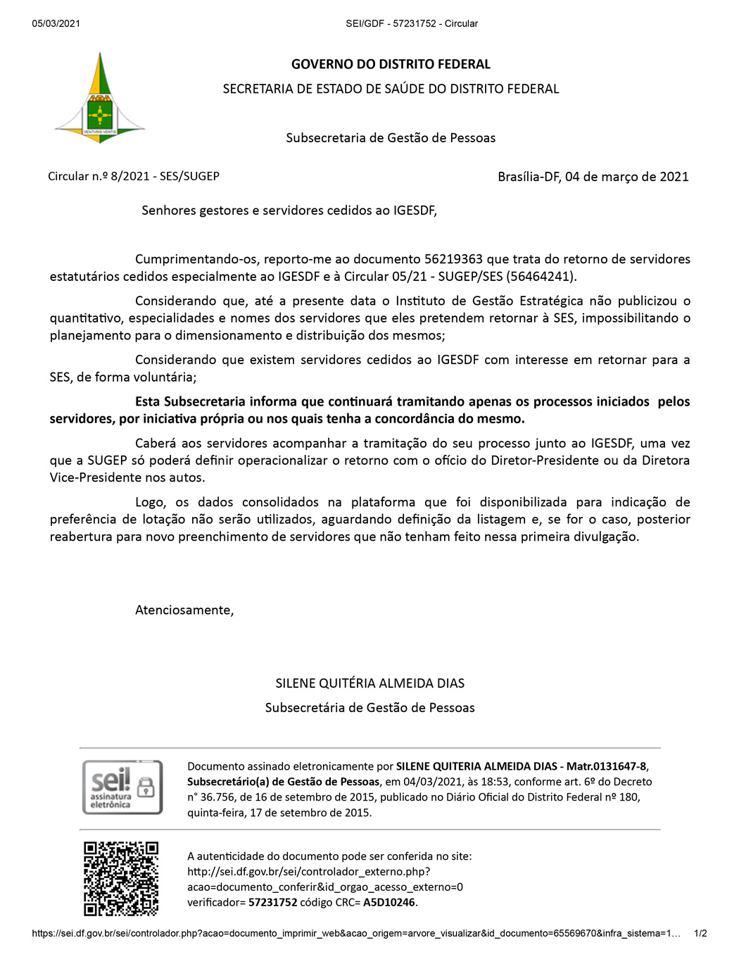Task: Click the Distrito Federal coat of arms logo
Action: [100, 99]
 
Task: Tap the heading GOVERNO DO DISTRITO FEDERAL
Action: [391, 64]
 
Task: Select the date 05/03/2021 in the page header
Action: [56, 23]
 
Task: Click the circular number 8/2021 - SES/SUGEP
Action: [165, 176]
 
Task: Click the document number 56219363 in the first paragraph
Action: [453, 259]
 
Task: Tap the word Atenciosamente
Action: [184, 610]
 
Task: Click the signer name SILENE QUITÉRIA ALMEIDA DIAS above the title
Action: [369, 683]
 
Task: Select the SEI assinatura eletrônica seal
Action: [122, 787]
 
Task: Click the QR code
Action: [121, 878]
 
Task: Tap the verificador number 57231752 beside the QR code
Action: [272, 902]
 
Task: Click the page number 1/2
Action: [700, 933]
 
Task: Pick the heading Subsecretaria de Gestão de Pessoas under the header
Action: [391, 138]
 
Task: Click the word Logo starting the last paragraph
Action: [150, 502]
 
